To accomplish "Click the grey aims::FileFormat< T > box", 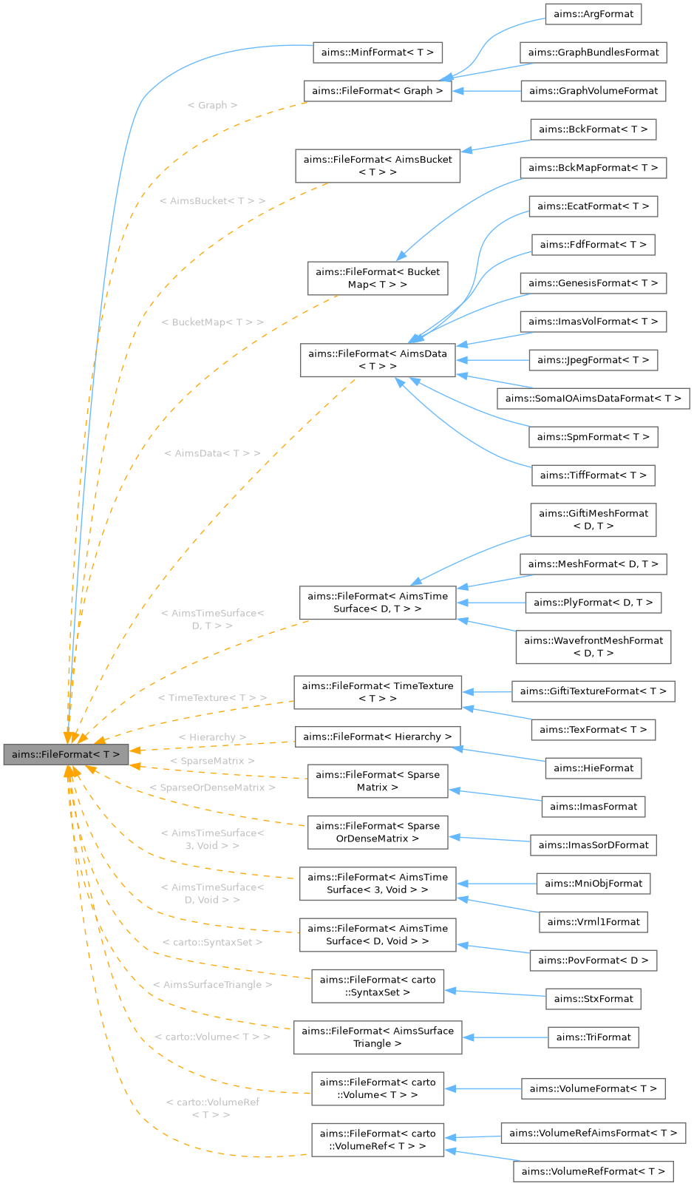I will (x=66, y=754).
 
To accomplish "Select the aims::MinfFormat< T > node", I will (x=378, y=52).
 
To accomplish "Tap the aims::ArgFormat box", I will (x=593, y=14).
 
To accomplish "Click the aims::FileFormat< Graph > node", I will (x=378, y=91).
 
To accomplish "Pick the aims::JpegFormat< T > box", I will (x=593, y=360).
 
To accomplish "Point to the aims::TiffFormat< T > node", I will (x=593, y=475).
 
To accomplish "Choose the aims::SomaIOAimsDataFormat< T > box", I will (x=593, y=399).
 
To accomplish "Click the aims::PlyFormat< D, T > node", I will (x=593, y=603).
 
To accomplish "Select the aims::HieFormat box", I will (x=593, y=768).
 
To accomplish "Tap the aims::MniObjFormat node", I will (x=593, y=884).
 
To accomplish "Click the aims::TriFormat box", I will (x=593, y=1037).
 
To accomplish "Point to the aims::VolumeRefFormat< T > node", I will (x=593, y=1171).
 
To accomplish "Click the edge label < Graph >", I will (x=212, y=106).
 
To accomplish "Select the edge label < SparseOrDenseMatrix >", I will (x=212, y=788).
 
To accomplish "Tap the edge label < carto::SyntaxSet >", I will (x=212, y=943).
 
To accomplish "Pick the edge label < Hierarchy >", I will (x=212, y=738).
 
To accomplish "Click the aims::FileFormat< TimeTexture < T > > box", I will (x=378, y=692).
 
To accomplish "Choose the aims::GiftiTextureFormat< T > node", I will (x=593, y=691).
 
